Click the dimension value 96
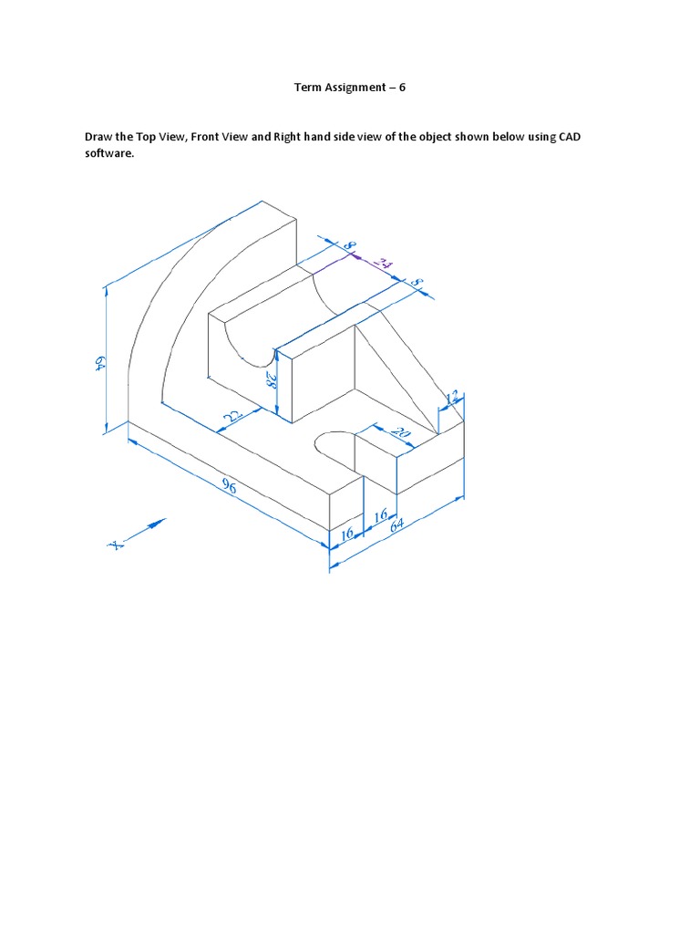[228, 488]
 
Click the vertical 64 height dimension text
[98, 363]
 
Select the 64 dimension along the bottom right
[396, 526]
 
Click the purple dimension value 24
[384, 265]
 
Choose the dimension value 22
[231, 415]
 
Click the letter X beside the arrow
[116, 545]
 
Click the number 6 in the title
[402, 88]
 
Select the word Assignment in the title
[351, 88]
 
